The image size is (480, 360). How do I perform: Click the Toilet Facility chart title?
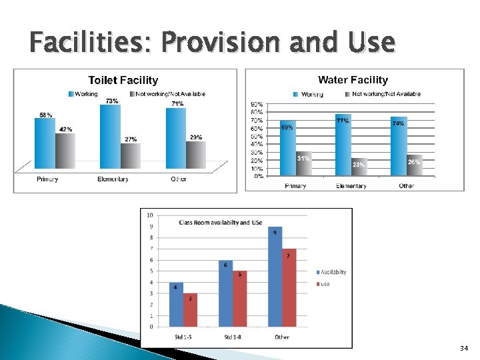[x=123, y=80]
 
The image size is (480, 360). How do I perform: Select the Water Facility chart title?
[x=353, y=80]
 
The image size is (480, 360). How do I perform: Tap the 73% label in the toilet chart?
[x=112, y=101]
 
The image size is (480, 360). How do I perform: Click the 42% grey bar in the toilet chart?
[x=65, y=150]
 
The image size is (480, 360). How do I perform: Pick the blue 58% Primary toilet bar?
[x=45, y=141]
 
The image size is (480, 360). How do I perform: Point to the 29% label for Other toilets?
[x=196, y=137]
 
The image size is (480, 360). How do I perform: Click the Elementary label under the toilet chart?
[x=113, y=179]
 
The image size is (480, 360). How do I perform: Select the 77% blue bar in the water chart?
[x=343, y=145]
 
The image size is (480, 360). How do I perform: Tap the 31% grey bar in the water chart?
[x=303, y=164]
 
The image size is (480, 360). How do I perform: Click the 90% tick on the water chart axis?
[x=255, y=105]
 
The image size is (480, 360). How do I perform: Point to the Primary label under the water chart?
[x=295, y=186]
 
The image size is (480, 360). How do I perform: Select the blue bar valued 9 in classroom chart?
[x=275, y=277]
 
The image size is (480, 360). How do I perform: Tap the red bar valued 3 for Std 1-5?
[x=190, y=310]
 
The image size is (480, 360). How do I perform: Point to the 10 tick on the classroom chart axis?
[x=150, y=215]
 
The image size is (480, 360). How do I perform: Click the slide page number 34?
[x=464, y=349]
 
